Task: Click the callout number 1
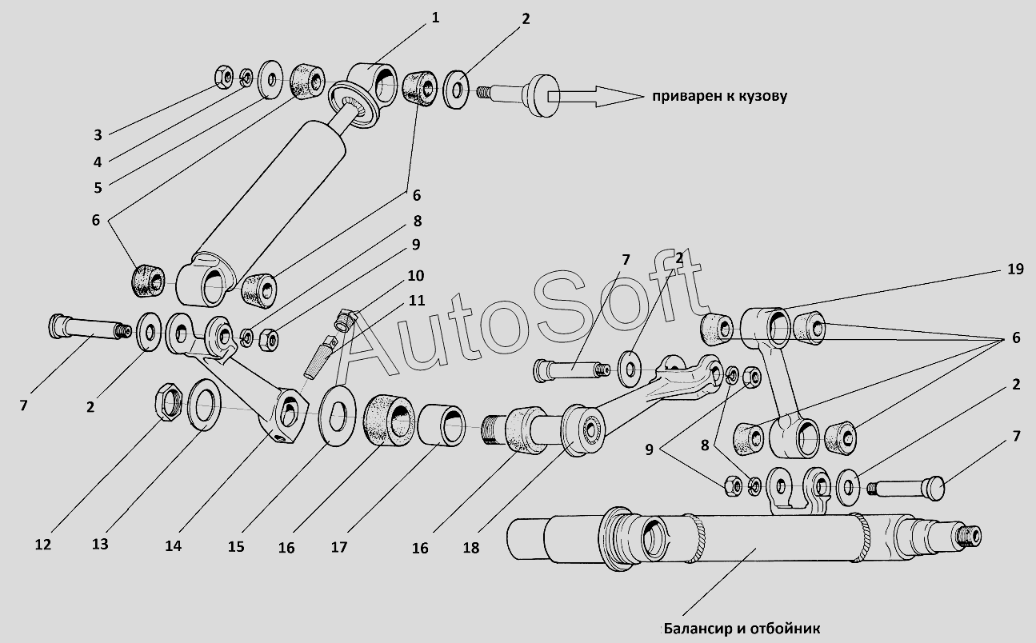click(435, 18)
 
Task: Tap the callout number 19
click(1015, 269)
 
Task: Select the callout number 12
click(43, 545)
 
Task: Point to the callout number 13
click(100, 544)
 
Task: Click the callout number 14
click(174, 546)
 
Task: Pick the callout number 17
click(339, 547)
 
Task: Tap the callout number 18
click(471, 548)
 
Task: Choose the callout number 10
click(415, 275)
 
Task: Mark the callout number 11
click(416, 301)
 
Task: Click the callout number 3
click(98, 135)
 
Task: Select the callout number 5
click(98, 188)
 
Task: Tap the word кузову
click(762, 97)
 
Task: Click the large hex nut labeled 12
click(167, 401)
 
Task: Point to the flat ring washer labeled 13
click(204, 405)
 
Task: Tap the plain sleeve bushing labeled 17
click(441, 425)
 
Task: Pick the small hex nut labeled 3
click(224, 78)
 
